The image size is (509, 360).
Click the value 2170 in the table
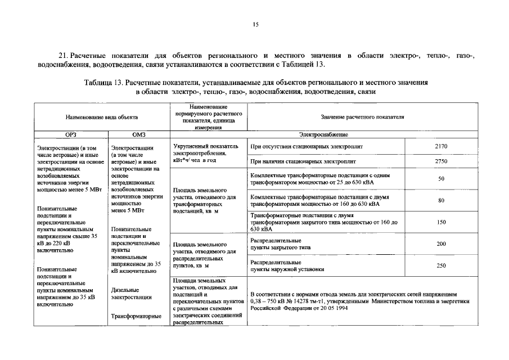[x=441, y=146]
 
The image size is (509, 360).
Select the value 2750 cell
[x=441, y=161]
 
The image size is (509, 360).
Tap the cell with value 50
[x=441, y=179]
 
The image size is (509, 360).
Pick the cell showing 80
[x=441, y=201]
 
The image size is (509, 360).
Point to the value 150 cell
[x=441, y=222]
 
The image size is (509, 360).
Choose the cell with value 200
[x=441, y=244]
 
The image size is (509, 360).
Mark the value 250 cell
[x=441, y=265]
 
